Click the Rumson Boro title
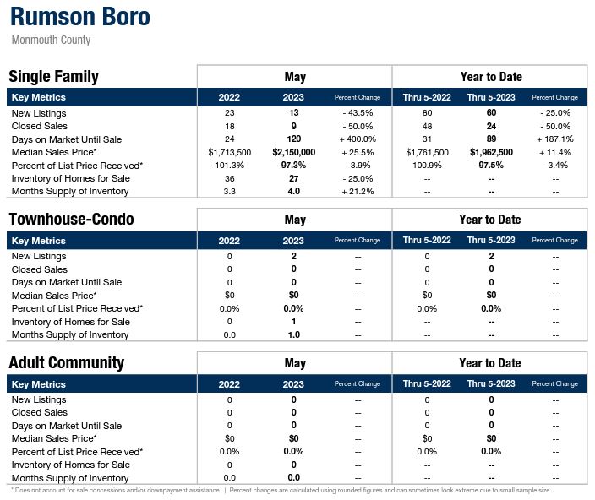(80, 18)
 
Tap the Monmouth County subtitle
(52, 41)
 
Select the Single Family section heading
(54, 77)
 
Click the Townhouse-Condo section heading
(71, 220)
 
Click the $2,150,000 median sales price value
(294, 152)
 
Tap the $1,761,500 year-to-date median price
(427, 152)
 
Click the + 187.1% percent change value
(554, 139)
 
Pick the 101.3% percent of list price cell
(229, 166)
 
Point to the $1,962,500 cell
(490, 152)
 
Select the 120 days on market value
(294, 139)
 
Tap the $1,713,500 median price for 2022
(229, 152)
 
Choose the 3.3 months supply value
(229, 192)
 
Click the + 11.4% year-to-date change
(554, 152)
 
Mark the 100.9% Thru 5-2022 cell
(427, 166)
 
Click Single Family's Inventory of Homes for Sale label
(70, 178)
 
